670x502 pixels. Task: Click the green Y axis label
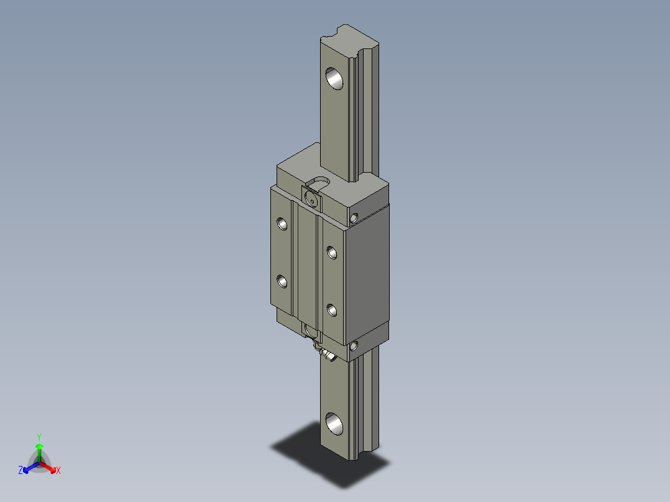(39, 436)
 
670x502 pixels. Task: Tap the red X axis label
(58, 471)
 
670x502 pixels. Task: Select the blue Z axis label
(21, 471)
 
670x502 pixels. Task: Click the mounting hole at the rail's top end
(336, 78)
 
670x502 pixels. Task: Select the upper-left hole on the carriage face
(283, 223)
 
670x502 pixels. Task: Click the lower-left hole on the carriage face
(283, 282)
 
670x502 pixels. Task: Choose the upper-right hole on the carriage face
(332, 252)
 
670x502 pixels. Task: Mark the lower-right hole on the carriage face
(332, 310)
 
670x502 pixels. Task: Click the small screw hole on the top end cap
(354, 217)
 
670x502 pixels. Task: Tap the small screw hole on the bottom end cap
(354, 346)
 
